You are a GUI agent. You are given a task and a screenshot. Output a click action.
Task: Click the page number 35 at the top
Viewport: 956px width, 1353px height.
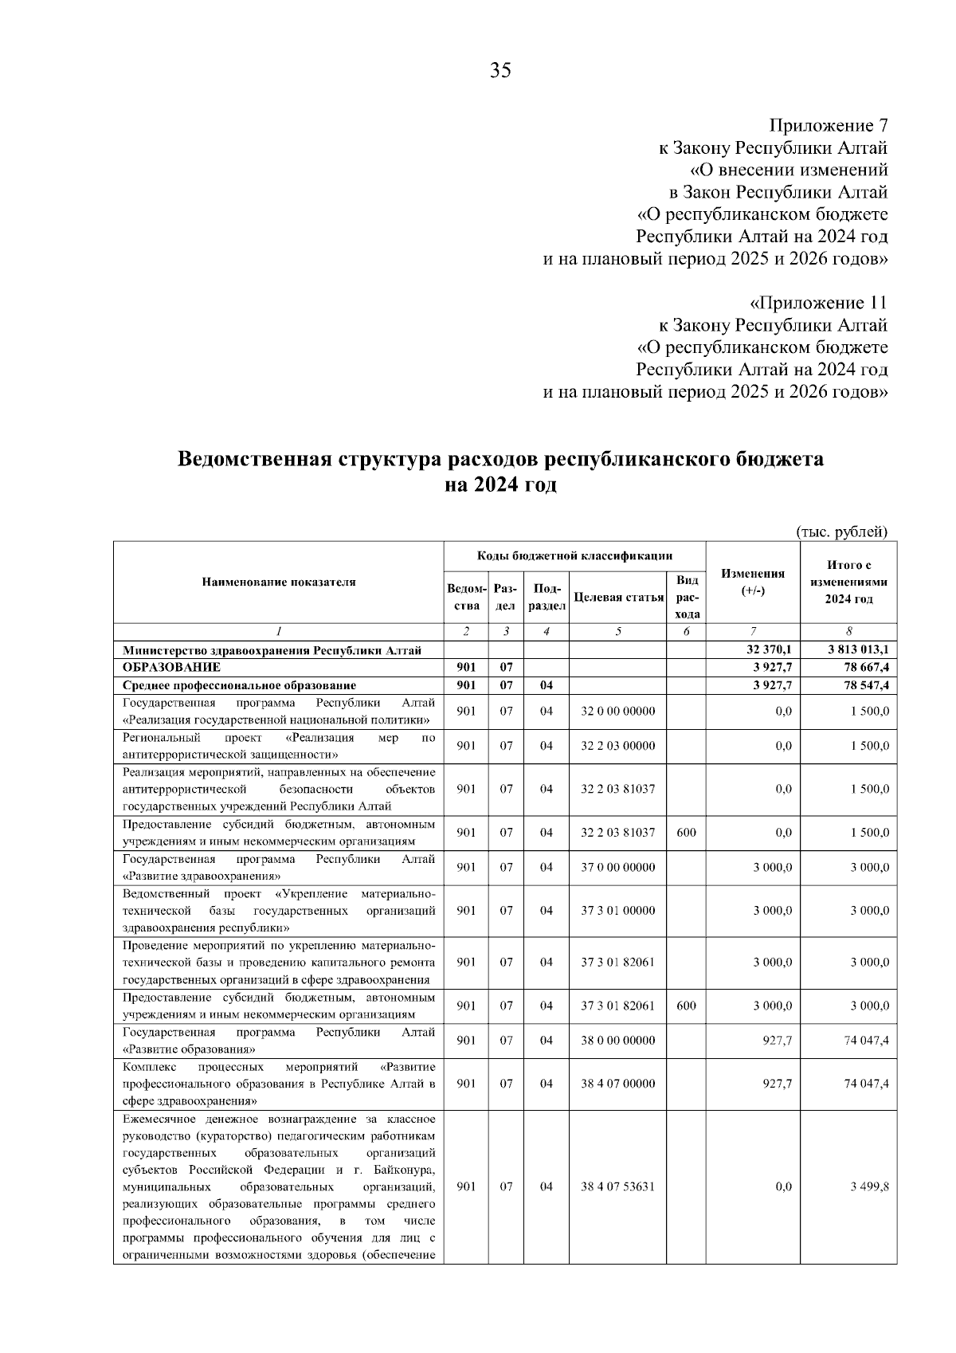coord(500,70)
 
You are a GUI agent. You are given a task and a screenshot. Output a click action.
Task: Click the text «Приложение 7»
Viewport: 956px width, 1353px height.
coord(828,126)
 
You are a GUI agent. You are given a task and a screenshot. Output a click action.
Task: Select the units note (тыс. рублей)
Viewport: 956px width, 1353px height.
coord(841,531)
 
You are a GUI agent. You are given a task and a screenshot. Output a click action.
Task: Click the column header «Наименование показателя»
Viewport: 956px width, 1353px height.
coord(279,582)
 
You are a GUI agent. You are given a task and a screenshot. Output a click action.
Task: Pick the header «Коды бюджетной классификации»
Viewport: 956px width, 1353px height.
coord(574,555)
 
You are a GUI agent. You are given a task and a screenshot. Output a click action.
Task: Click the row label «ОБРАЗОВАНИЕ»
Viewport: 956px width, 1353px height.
coord(171,667)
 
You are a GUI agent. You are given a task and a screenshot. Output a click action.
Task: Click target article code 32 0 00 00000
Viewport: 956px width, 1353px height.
coord(618,711)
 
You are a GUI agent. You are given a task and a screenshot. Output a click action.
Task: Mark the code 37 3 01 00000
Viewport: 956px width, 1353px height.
coord(618,910)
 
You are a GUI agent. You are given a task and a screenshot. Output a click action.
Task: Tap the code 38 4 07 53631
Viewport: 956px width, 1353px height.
coord(618,1186)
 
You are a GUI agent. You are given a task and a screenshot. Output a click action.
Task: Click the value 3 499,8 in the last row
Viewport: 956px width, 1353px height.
coord(869,1186)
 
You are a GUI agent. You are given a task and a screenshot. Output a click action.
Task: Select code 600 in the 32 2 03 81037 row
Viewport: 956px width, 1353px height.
coord(686,833)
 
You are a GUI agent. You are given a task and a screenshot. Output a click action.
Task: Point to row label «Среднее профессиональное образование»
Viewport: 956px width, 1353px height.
coord(239,684)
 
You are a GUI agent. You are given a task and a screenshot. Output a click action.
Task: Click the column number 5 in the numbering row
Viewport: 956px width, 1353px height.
coord(618,632)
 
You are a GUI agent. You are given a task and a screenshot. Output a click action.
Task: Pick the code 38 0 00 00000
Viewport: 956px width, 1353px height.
coord(618,1040)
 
